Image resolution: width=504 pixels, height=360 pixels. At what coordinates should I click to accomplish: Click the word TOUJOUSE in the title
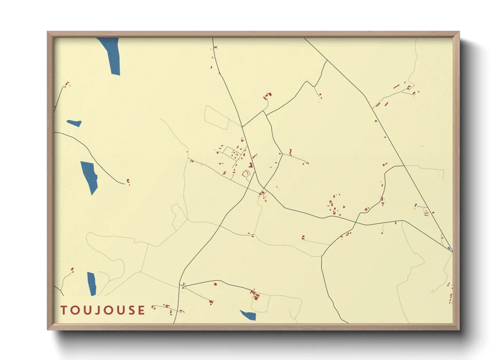tap(103, 310)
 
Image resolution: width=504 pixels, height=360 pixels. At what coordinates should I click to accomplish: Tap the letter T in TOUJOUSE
tap(63, 310)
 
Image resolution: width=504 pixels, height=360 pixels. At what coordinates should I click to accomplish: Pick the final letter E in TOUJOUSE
tap(141, 310)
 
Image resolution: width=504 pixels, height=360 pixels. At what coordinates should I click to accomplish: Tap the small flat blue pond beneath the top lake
tap(74, 123)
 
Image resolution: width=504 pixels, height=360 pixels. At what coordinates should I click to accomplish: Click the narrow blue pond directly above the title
tap(92, 283)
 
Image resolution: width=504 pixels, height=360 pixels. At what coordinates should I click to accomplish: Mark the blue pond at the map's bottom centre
tap(249, 315)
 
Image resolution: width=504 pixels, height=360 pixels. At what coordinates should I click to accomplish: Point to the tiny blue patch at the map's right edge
tap(449, 248)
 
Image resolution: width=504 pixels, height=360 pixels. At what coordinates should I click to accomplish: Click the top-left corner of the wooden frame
tap(48, 32)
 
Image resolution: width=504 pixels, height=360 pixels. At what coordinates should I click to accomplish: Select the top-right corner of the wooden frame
tap(459, 32)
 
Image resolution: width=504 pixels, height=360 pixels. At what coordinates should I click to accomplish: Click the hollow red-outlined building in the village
tap(245, 174)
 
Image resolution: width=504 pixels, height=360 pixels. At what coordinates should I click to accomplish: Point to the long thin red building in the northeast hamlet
tap(396, 86)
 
